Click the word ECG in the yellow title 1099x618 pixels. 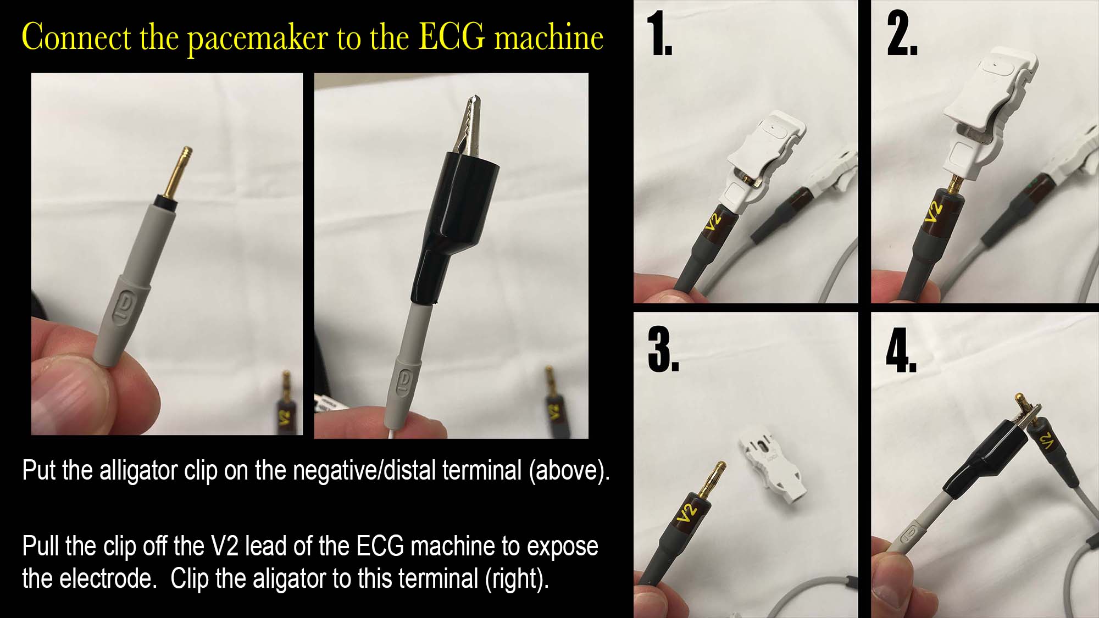[x=452, y=37]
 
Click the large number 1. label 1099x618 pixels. [x=659, y=34]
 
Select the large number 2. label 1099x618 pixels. [x=902, y=34]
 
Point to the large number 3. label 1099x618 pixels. [x=663, y=349]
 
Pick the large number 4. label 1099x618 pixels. [x=901, y=349]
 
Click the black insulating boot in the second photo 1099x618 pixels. [x=452, y=225]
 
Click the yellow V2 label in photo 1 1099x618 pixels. [x=713, y=222]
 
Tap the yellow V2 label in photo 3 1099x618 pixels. [x=687, y=511]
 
